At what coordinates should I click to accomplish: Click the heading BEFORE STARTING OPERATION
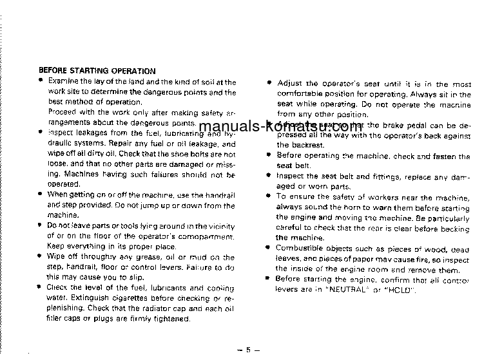[97, 71]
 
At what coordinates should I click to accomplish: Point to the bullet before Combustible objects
[269, 247]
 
